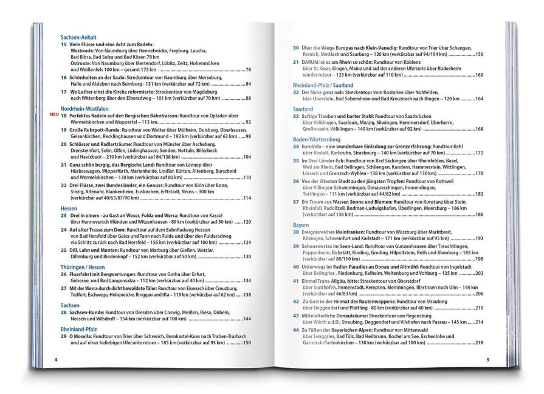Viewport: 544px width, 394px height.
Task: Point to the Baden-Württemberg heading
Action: (318, 139)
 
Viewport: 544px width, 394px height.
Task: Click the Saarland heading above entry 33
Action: (303, 109)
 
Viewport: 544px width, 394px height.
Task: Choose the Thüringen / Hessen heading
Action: (81, 266)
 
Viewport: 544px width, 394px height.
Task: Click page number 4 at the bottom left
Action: (56, 359)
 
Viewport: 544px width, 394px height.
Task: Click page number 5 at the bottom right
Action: (487, 359)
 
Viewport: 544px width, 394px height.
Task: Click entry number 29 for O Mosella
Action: (63, 336)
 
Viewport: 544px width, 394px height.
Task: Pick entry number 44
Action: (295, 329)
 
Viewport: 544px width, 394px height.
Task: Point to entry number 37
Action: (295, 201)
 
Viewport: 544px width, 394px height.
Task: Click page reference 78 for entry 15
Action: (248, 70)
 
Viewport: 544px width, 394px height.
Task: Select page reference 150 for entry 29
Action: (246, 343)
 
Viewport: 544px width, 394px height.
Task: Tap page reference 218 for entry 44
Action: (479, 342)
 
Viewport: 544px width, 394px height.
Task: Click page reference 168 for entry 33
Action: (479, 129)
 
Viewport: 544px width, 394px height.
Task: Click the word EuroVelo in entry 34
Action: (314, 147)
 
